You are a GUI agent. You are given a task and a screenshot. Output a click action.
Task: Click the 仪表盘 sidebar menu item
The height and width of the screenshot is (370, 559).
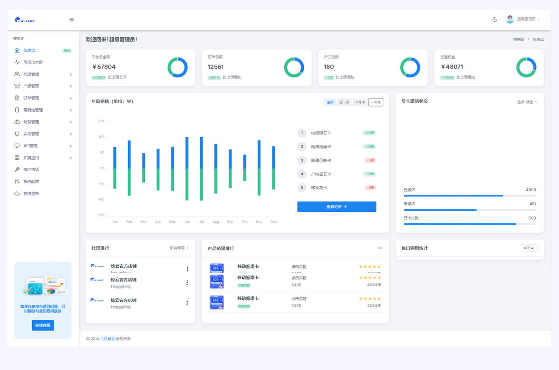click(x=29, y=50)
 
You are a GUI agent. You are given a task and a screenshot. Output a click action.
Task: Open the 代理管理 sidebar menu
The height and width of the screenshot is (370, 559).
click(x=31, y=74)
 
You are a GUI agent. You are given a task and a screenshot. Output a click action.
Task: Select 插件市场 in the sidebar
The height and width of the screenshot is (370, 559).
click(x=31, y=170)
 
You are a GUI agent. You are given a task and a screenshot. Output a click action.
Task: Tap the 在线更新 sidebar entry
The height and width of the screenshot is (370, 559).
click(x=31, y=194)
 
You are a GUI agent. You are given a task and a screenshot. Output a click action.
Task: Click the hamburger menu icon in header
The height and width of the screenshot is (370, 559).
click(x=72, y=20)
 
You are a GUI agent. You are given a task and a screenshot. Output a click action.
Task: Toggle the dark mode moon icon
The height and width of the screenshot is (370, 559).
click(x=495, y=20)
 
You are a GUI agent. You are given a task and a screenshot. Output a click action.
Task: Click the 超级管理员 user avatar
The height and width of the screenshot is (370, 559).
click(x=510, y=19)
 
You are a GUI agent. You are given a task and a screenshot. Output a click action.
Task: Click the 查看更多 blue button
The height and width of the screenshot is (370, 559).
click(x=336, y=207)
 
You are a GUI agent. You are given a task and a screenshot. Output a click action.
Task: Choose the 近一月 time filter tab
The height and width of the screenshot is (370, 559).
click(x=344, y=102)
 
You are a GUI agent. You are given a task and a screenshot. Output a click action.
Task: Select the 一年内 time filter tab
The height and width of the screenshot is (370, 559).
click(x=375, y=102)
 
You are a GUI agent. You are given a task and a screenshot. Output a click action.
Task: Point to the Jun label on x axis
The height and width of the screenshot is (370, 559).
click(x=187, y=222)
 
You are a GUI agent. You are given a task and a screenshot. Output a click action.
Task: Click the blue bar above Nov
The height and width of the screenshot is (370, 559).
click(x=259, y=155)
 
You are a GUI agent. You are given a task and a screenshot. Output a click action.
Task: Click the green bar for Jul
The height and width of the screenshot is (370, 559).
click(x=201, y=184)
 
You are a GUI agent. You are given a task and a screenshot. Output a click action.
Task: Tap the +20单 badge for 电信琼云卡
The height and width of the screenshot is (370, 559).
click(x=369, y=133)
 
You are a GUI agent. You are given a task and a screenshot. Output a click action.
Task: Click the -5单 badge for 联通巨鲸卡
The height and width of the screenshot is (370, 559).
click(x=370, y=161)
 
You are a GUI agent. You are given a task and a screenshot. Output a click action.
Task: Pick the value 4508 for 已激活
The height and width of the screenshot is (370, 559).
click(x=531, y=190)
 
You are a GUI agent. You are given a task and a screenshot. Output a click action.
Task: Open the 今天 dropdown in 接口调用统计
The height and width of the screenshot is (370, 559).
click(x=529, y=248)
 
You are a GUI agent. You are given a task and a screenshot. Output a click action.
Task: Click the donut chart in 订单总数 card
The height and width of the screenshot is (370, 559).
click(x=294, y=67)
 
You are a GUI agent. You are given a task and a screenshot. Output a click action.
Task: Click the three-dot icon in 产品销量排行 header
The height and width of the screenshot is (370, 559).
click(x=381, y=248)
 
